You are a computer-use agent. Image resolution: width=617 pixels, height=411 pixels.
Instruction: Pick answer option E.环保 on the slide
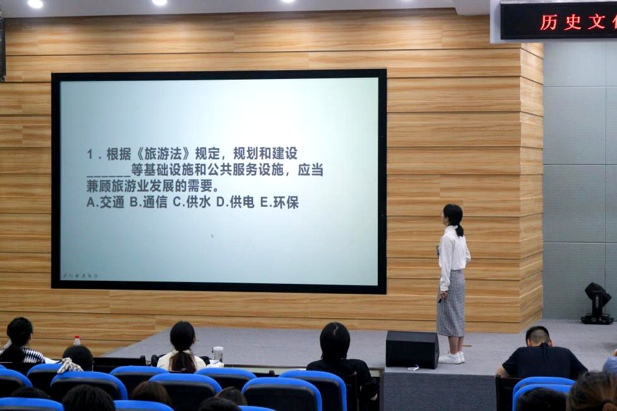click(279, 202)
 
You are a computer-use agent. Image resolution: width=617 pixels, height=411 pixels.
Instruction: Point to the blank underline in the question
click(108, 175)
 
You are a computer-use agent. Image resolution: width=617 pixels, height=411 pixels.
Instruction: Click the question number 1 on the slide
click(90, 154)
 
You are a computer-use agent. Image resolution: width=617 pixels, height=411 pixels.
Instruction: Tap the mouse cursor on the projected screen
click(212, 236)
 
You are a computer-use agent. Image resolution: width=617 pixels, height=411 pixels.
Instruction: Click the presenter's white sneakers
click(452, 357)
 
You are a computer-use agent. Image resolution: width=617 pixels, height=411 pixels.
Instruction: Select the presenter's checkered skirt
click(451, 304)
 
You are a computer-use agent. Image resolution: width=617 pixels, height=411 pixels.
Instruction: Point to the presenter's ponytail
click(459, 230)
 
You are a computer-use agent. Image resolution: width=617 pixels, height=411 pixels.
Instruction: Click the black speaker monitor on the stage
click(412, 349)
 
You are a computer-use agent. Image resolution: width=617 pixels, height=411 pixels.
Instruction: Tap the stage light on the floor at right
click(597, 304)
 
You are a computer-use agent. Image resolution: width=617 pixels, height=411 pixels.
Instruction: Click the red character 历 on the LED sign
click(549, 22)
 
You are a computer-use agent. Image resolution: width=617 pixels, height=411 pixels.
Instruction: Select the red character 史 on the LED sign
click(573, 22)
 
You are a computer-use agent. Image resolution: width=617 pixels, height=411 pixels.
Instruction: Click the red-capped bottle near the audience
click(77, 341)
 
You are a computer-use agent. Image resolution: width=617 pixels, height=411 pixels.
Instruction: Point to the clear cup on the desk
click(218, 354)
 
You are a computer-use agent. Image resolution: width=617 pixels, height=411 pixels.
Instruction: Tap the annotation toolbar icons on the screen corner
click(80, 276)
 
